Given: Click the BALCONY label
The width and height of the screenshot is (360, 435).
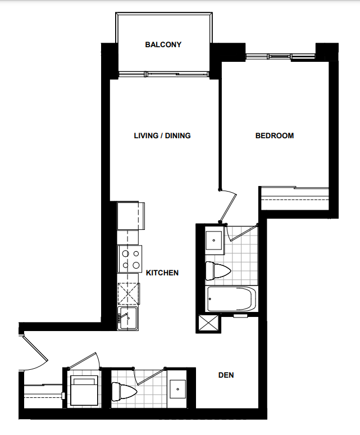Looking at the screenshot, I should pos(163,44).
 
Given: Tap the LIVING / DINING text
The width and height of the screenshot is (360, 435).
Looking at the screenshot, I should pos(162,135).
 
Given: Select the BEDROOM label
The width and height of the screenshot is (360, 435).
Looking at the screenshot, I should pos(274,135).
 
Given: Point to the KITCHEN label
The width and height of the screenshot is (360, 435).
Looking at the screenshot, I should pos(162,273).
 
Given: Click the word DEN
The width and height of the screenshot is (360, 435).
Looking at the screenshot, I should pos(226,375).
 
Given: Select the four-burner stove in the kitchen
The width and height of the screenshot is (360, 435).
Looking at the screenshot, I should pos(130,259).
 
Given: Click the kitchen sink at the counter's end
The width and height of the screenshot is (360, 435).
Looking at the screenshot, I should pos(128,319).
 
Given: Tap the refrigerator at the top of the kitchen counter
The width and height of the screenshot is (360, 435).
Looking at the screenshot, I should pos(131,215).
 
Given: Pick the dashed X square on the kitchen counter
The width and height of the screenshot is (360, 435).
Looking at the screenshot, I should pos(128,293).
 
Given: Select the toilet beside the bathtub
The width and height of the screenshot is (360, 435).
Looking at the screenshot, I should pos(218,271).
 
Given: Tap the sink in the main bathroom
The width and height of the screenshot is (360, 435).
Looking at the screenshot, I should pos(213,240).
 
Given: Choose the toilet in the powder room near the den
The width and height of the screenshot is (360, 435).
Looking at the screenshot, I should pos(124,390).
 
